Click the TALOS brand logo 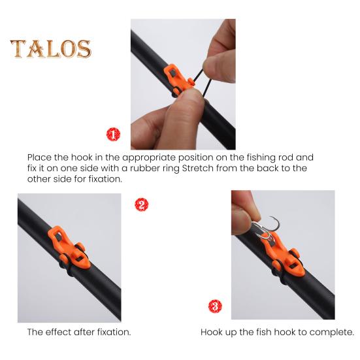click(x=51, y=48)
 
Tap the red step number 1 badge click(x=113, y=134)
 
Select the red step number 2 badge click(x=141, y=205)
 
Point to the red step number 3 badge click(x=215, y=306)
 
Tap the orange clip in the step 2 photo click(x=69, y=248)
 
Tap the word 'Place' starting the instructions click(x=39, y=157)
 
